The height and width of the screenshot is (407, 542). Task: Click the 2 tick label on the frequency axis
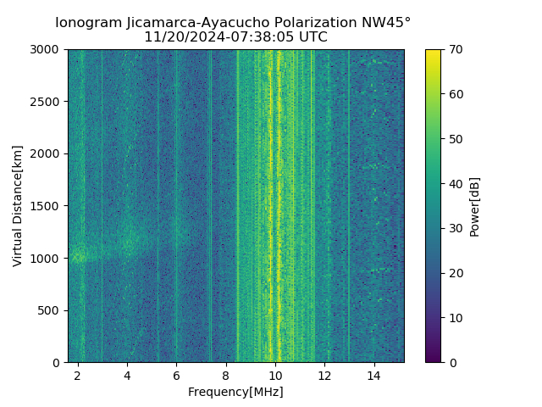tap(78, 376)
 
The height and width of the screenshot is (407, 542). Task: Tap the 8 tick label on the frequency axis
tap(225, 376)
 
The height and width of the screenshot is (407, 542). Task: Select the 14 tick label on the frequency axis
tap(373, 376)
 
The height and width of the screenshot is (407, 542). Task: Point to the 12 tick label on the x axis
tap(324, 376)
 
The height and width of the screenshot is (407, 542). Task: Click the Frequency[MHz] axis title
tap(235, 392)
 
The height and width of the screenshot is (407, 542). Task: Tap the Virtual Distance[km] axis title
tap(18, 206)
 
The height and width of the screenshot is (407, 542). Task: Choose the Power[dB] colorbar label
tap(475, 206)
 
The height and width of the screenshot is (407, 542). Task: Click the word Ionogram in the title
tap(88, 23)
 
